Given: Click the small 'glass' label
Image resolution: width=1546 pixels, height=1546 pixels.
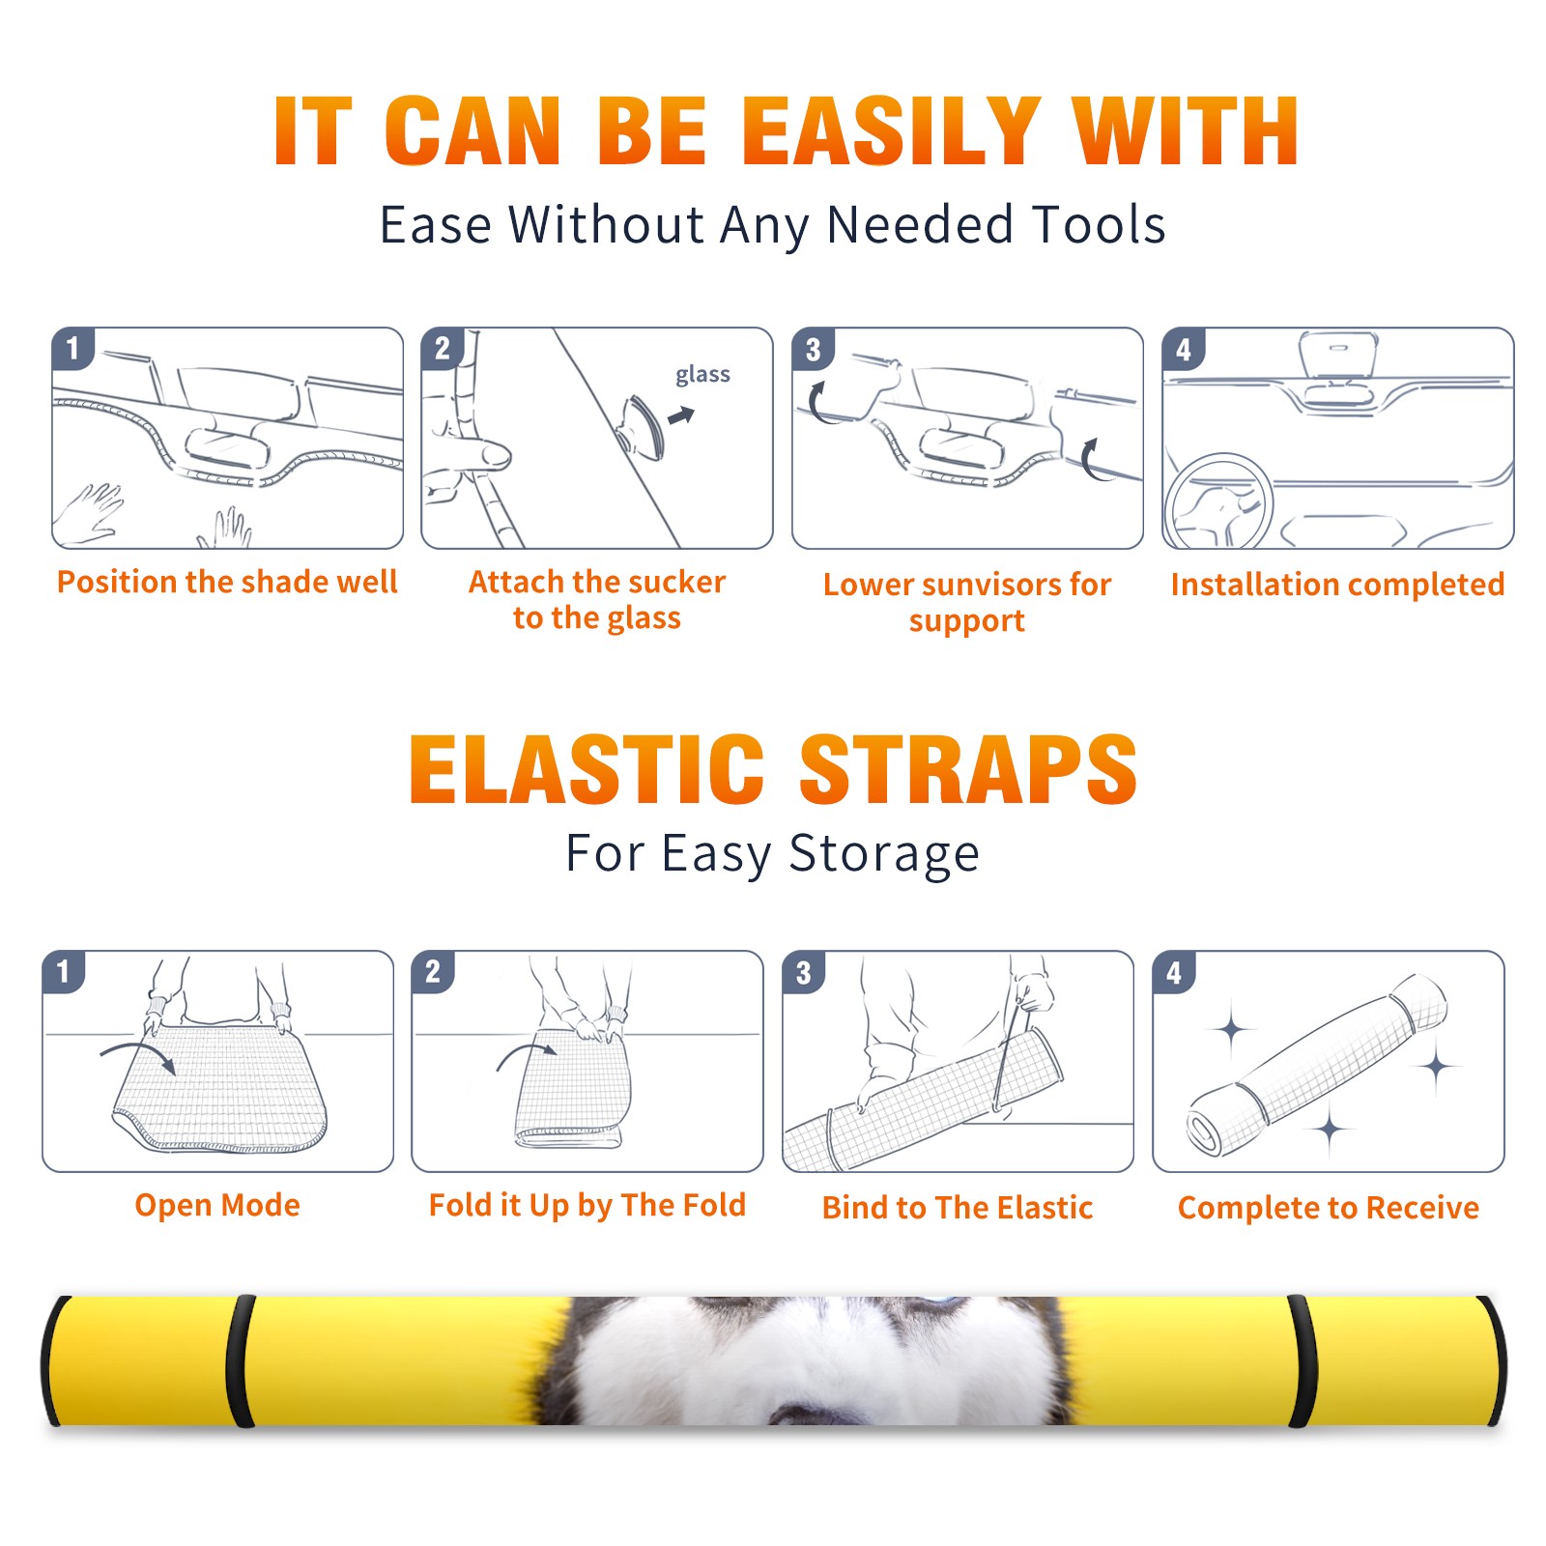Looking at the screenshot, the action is click(702, 375).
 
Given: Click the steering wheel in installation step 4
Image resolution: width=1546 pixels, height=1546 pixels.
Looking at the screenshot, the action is click(1219, 501).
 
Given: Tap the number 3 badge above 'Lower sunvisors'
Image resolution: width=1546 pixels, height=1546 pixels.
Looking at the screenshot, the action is click(814, 349).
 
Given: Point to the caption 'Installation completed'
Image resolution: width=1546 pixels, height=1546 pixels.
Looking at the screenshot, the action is click(1337, 585).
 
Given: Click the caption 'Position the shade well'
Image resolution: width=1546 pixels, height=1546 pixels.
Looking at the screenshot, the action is click(227, 582).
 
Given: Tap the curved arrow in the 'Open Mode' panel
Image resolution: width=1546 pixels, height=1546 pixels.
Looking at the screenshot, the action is click(138, 1055).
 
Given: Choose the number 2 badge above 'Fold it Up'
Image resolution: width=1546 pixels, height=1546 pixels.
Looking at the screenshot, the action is click(433, 972).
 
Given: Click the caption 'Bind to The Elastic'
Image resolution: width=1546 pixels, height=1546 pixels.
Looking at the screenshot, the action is click(958, 1208).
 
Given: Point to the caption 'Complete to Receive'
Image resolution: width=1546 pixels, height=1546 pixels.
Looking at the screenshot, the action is click(1329, 1208).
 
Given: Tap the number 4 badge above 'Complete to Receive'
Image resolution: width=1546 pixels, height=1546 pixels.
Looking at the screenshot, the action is click(1174, 972).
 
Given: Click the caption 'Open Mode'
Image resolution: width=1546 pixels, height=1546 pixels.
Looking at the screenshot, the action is click(217, 1205).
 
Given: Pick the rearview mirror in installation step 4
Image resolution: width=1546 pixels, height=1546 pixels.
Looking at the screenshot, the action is click(1337, 356).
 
